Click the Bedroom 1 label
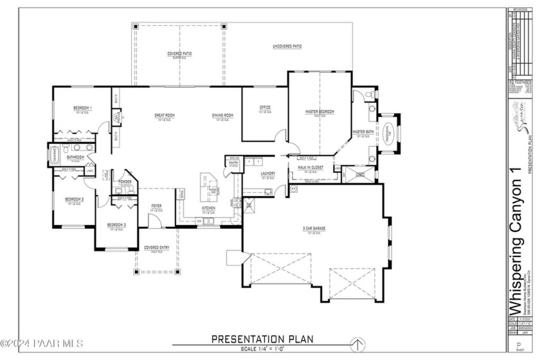click(83, 107)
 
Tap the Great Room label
click(165, 115)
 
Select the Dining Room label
click(222, 115)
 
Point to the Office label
click(265, 107)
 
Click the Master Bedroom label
click(320, 111)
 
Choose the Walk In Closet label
click(310, 167)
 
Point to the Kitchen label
click(209, 208)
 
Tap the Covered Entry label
click(157, 248)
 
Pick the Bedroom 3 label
click(116, 224)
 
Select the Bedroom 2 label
click(75, 199)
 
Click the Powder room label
click(125, 182)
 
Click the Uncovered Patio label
click(287, 46)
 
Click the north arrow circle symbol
click(362, 342)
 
